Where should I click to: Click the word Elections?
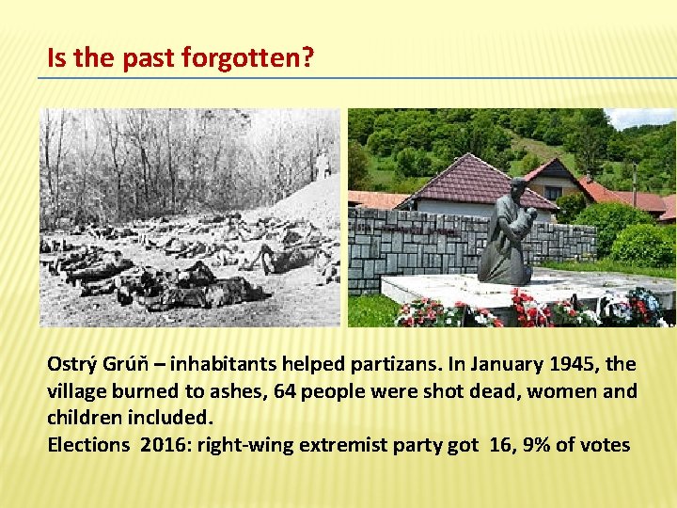[87, 445]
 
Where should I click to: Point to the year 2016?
[165, 445]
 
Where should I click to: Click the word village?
[77, 390]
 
